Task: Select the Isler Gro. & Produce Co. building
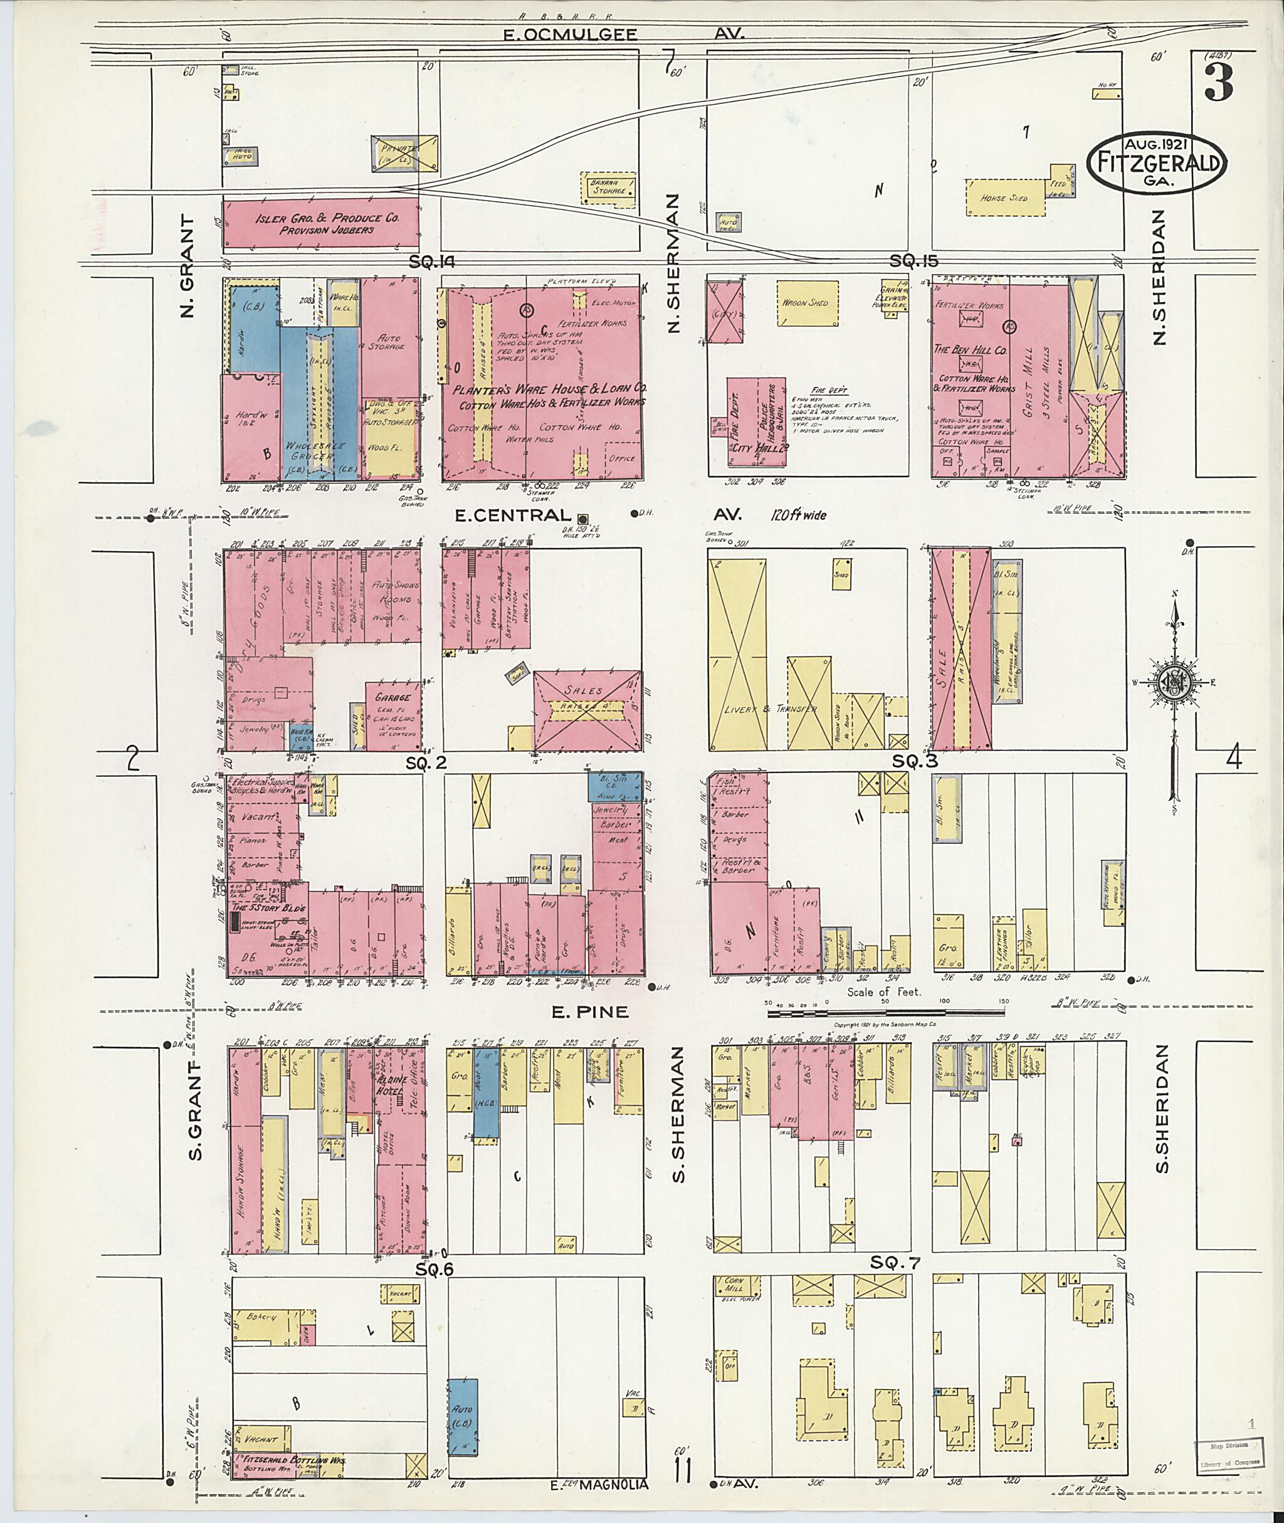click(x=320, y=223)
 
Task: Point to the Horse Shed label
click(x=1004, y=198)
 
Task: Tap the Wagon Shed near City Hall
click(x=805, y=303)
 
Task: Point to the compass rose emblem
click(x=1174, y=684)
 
